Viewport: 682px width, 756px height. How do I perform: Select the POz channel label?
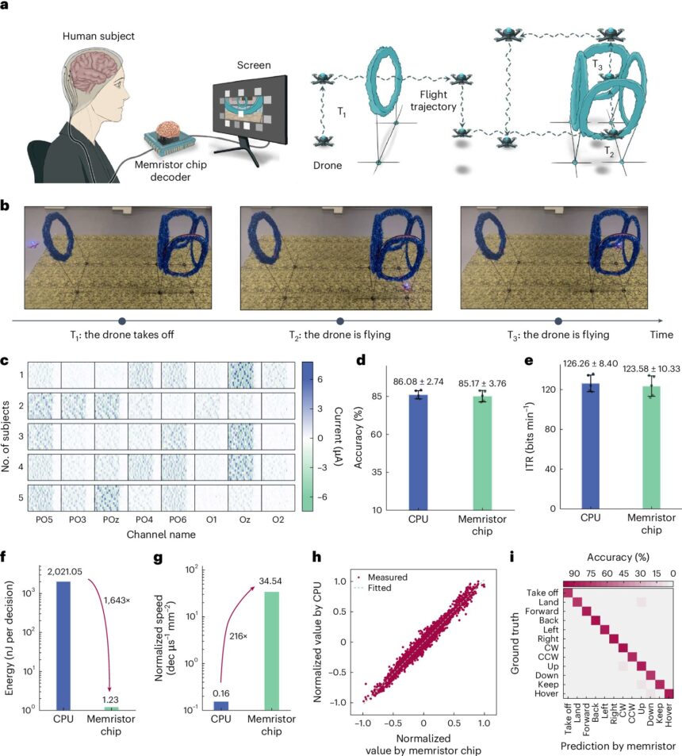pos(110,519)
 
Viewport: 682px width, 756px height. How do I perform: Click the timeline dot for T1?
pos(122,320)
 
